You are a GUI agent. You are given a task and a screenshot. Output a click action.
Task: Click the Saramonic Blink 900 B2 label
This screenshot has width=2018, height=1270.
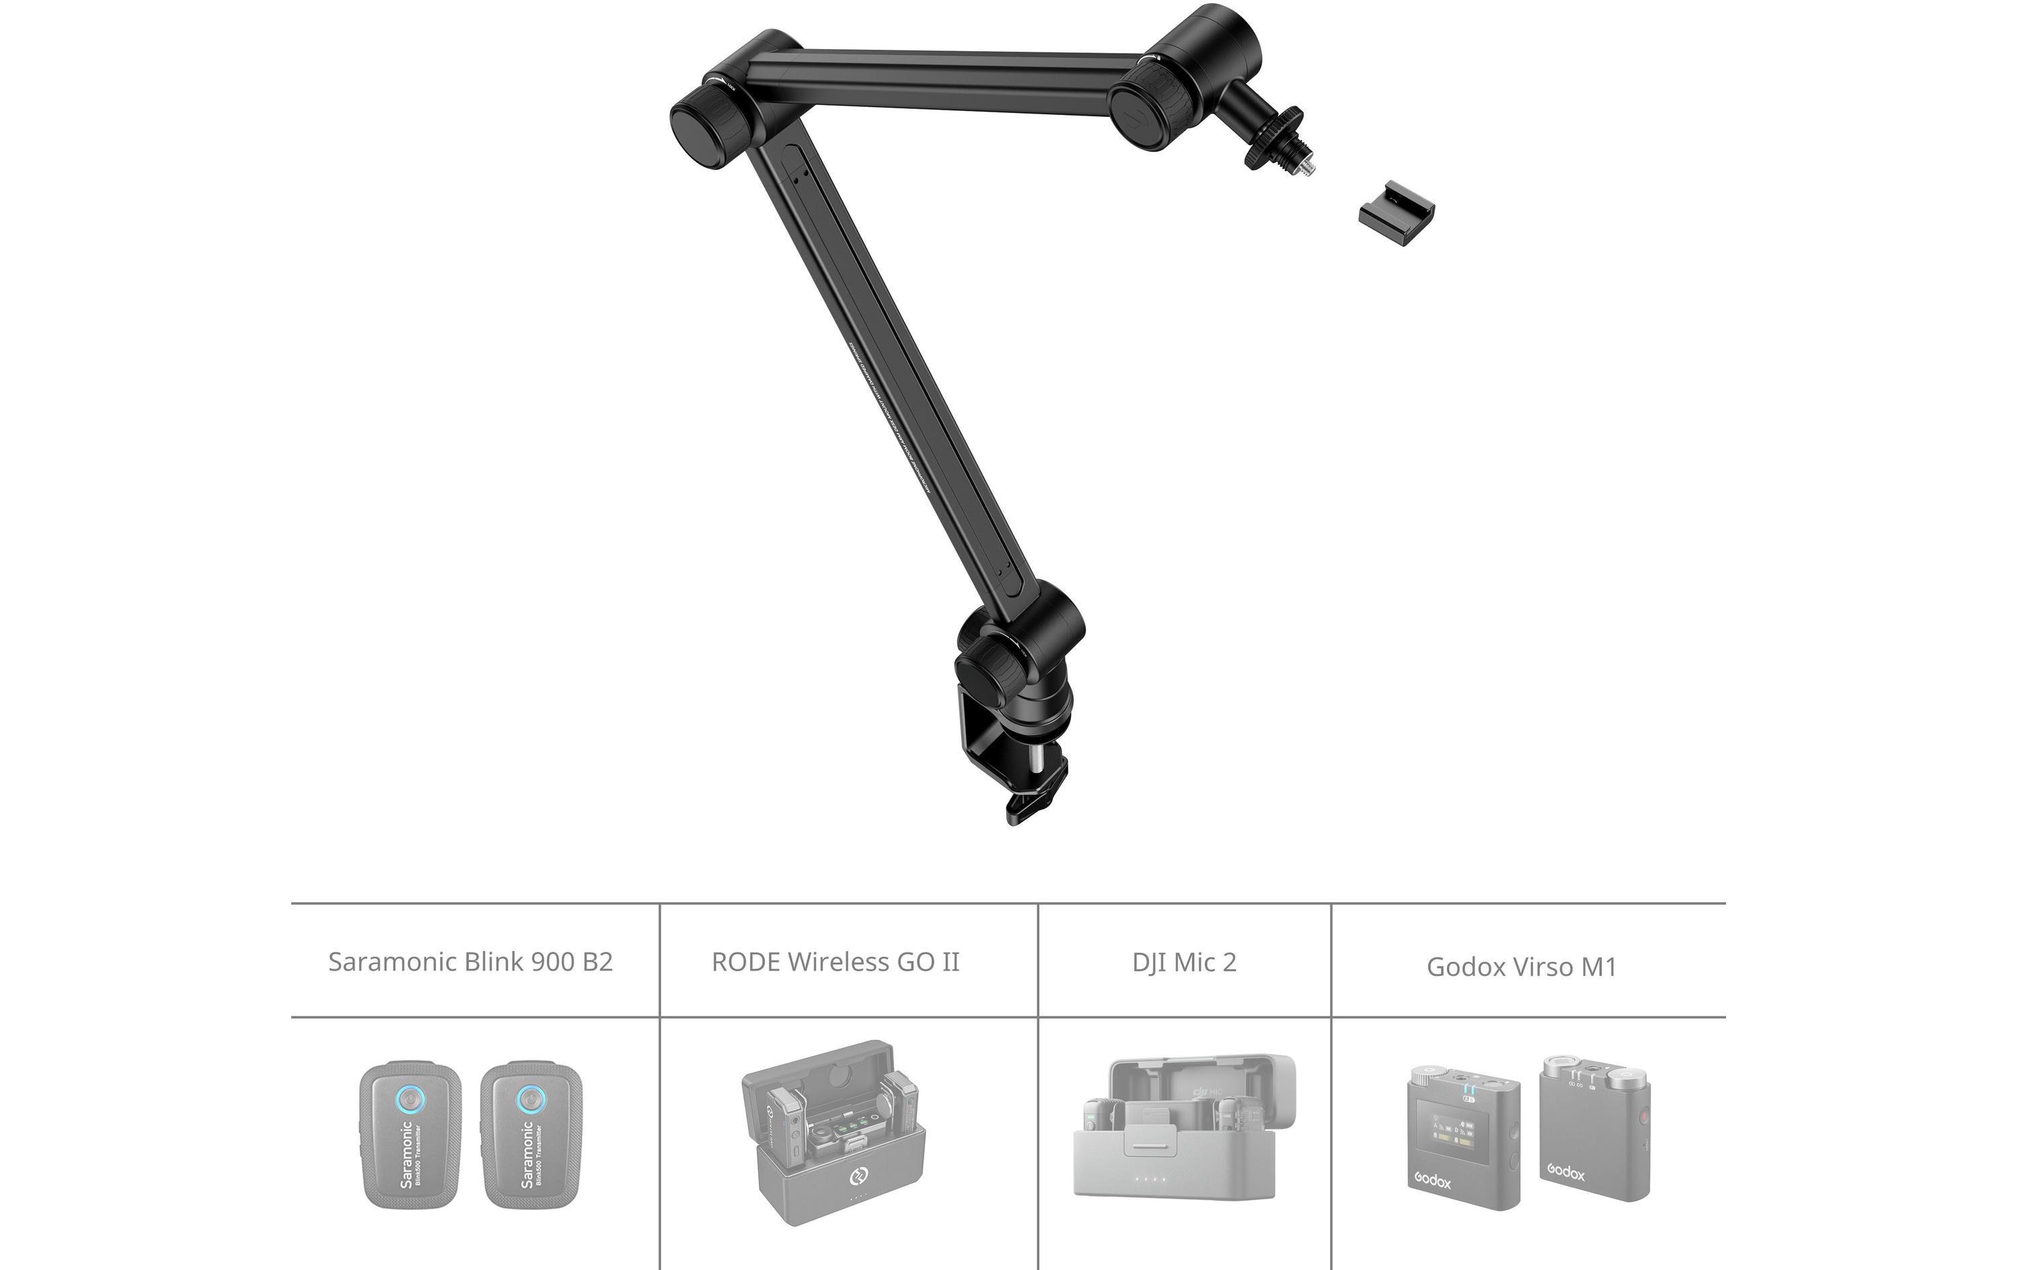click(470, 961)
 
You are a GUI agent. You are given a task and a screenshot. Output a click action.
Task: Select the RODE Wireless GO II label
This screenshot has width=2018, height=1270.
click(835, 961)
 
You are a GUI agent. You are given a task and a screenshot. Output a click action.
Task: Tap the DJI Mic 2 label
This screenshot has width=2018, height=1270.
click(1184, 963)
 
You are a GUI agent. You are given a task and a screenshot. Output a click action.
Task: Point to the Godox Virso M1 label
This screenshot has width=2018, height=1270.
click(1521, 967)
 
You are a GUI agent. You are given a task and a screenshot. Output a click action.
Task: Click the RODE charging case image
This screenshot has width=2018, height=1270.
click(835, 1131)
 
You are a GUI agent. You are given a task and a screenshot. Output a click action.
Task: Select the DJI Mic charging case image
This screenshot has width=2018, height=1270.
click(1183, 1127)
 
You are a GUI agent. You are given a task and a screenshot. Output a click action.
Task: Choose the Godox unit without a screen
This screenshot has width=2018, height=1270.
click(1595, 1127)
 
